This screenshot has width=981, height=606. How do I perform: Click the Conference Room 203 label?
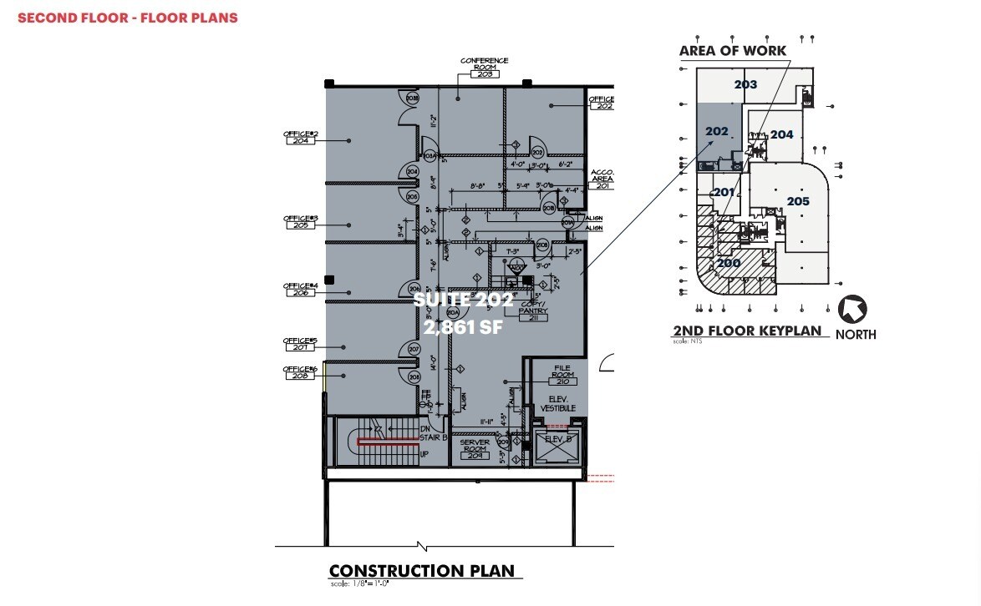(484, 68)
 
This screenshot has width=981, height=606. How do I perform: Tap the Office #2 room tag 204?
(301, 141)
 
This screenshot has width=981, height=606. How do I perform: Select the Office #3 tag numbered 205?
(301, 225)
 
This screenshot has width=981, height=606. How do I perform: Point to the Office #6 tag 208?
(300, 376)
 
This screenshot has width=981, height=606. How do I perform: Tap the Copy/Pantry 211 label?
(532, 314)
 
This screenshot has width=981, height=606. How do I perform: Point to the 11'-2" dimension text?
(433, 123)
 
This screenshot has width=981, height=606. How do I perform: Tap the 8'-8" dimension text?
(478, 186)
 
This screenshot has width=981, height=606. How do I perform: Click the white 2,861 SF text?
(463, 328)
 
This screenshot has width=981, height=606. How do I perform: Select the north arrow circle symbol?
(852, 311)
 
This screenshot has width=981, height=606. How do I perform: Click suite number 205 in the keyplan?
(798, 201)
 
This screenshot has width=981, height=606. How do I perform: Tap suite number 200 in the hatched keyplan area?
(729, 262)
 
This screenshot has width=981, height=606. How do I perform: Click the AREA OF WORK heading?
(732, 51)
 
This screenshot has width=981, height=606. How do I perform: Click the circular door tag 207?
(412, 349)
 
